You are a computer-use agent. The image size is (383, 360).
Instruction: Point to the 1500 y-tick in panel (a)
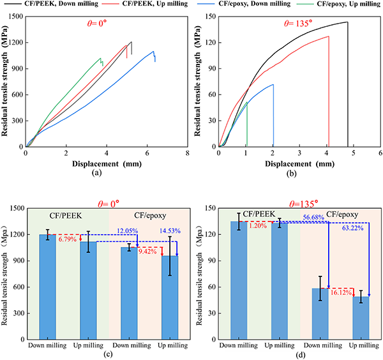pyautogui.click(x=13, y=17)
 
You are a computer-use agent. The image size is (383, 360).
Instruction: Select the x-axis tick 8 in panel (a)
pyautogui.click(x=187, y=153)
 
